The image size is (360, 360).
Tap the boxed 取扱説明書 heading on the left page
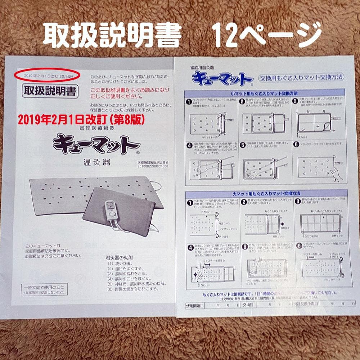click(50, 91)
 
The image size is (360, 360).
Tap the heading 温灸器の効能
click(119, 257)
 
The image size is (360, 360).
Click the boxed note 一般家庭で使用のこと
click(44, 290)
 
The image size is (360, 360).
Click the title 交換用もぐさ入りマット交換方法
click(301, 77)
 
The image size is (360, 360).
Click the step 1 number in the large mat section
click(189, 202)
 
